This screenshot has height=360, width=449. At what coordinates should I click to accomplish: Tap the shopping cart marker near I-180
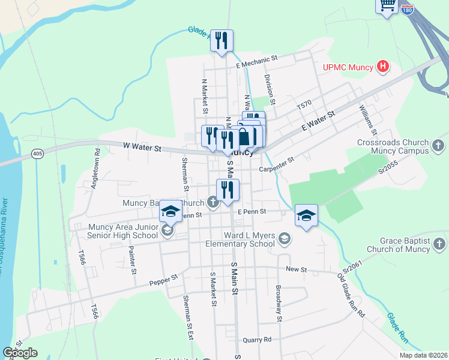tap(387, 5)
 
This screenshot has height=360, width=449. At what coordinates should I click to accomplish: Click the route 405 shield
tap(38, 154)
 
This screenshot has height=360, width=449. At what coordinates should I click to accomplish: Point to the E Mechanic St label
tap(258, 59)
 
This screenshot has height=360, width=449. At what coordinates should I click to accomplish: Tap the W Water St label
tap(142, 146)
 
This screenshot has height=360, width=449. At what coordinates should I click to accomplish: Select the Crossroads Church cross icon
tap(439, 145)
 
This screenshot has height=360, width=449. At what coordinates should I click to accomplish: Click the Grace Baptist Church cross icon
tap(439, 244)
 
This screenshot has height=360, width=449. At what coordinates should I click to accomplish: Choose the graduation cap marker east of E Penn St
tap(306, 216)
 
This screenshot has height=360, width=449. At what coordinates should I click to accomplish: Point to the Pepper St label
tap(164, 280)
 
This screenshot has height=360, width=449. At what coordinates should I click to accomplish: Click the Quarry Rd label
tap(258, 340)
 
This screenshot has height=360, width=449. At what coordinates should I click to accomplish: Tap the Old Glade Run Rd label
tap(351, 296)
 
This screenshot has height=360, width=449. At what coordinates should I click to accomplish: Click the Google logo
tap(20, 353)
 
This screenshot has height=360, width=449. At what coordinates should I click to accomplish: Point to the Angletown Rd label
tap(94, 175)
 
